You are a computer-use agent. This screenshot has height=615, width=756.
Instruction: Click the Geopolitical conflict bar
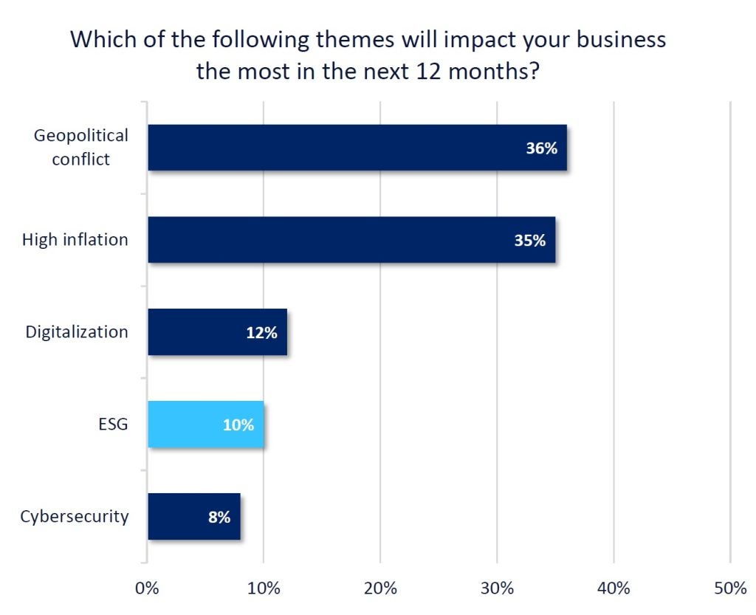(357, 148)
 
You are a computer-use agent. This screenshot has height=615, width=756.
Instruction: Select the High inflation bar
(351, 239)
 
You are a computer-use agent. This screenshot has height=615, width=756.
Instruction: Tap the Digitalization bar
(217, 332)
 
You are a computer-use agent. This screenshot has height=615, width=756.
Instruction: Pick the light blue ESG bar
(205, 425)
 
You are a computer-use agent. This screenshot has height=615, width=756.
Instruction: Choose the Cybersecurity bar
(193, 517)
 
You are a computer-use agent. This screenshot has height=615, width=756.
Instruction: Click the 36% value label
(541, 148)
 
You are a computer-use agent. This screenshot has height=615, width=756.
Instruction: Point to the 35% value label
(530, 240)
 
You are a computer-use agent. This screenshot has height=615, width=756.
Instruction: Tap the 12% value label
(261, 332)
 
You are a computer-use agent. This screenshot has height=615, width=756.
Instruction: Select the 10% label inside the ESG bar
(238, 425)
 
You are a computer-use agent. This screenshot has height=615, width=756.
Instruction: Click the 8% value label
(219, 517)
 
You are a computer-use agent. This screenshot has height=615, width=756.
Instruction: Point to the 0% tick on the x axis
(148, 588)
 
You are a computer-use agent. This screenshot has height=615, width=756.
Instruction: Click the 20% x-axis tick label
(380, 588)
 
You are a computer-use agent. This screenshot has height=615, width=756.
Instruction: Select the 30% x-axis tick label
(497, 588)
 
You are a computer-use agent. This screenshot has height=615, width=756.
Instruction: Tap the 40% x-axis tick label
(614, 588)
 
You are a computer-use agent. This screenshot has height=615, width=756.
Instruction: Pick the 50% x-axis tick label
(729, 588)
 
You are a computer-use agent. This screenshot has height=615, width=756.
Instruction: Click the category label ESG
(112, 425)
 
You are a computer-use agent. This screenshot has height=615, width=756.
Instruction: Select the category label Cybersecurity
(74, 516)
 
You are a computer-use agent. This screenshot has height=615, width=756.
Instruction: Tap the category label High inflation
(75, 239)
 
